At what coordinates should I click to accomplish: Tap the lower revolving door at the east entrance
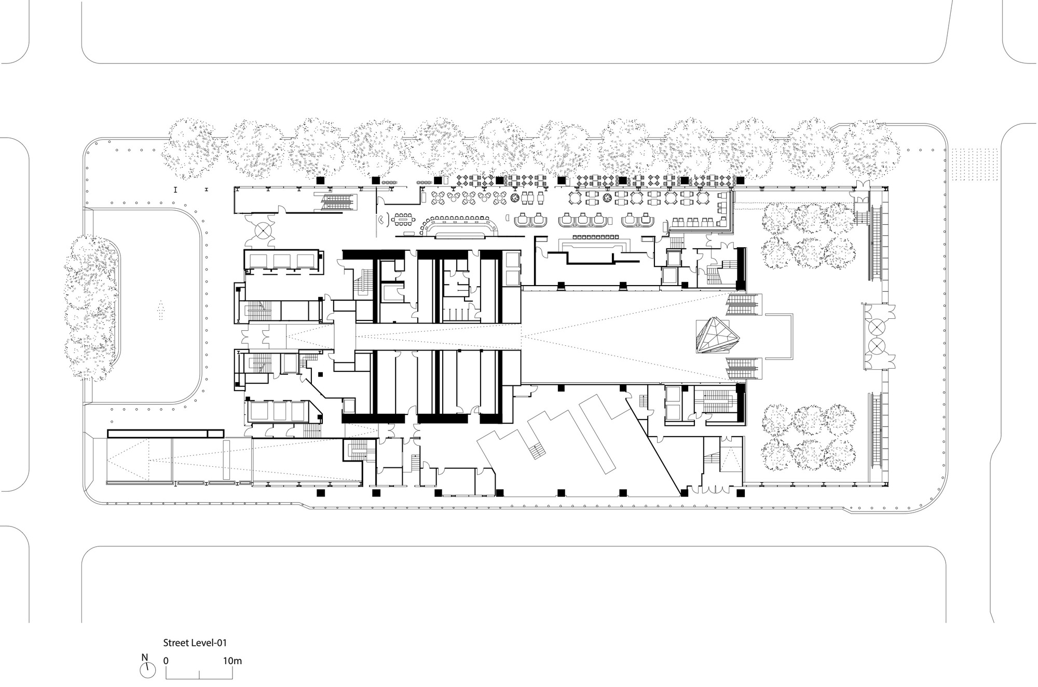877,344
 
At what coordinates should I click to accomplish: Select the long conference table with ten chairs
406,220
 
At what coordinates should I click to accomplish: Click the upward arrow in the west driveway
159,310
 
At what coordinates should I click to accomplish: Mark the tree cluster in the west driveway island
91,308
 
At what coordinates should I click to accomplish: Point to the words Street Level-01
195,642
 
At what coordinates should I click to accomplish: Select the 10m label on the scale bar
233,661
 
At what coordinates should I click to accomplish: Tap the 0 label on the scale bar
166,661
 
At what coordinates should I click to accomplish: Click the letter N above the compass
145,657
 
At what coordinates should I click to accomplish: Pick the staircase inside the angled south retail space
537,452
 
